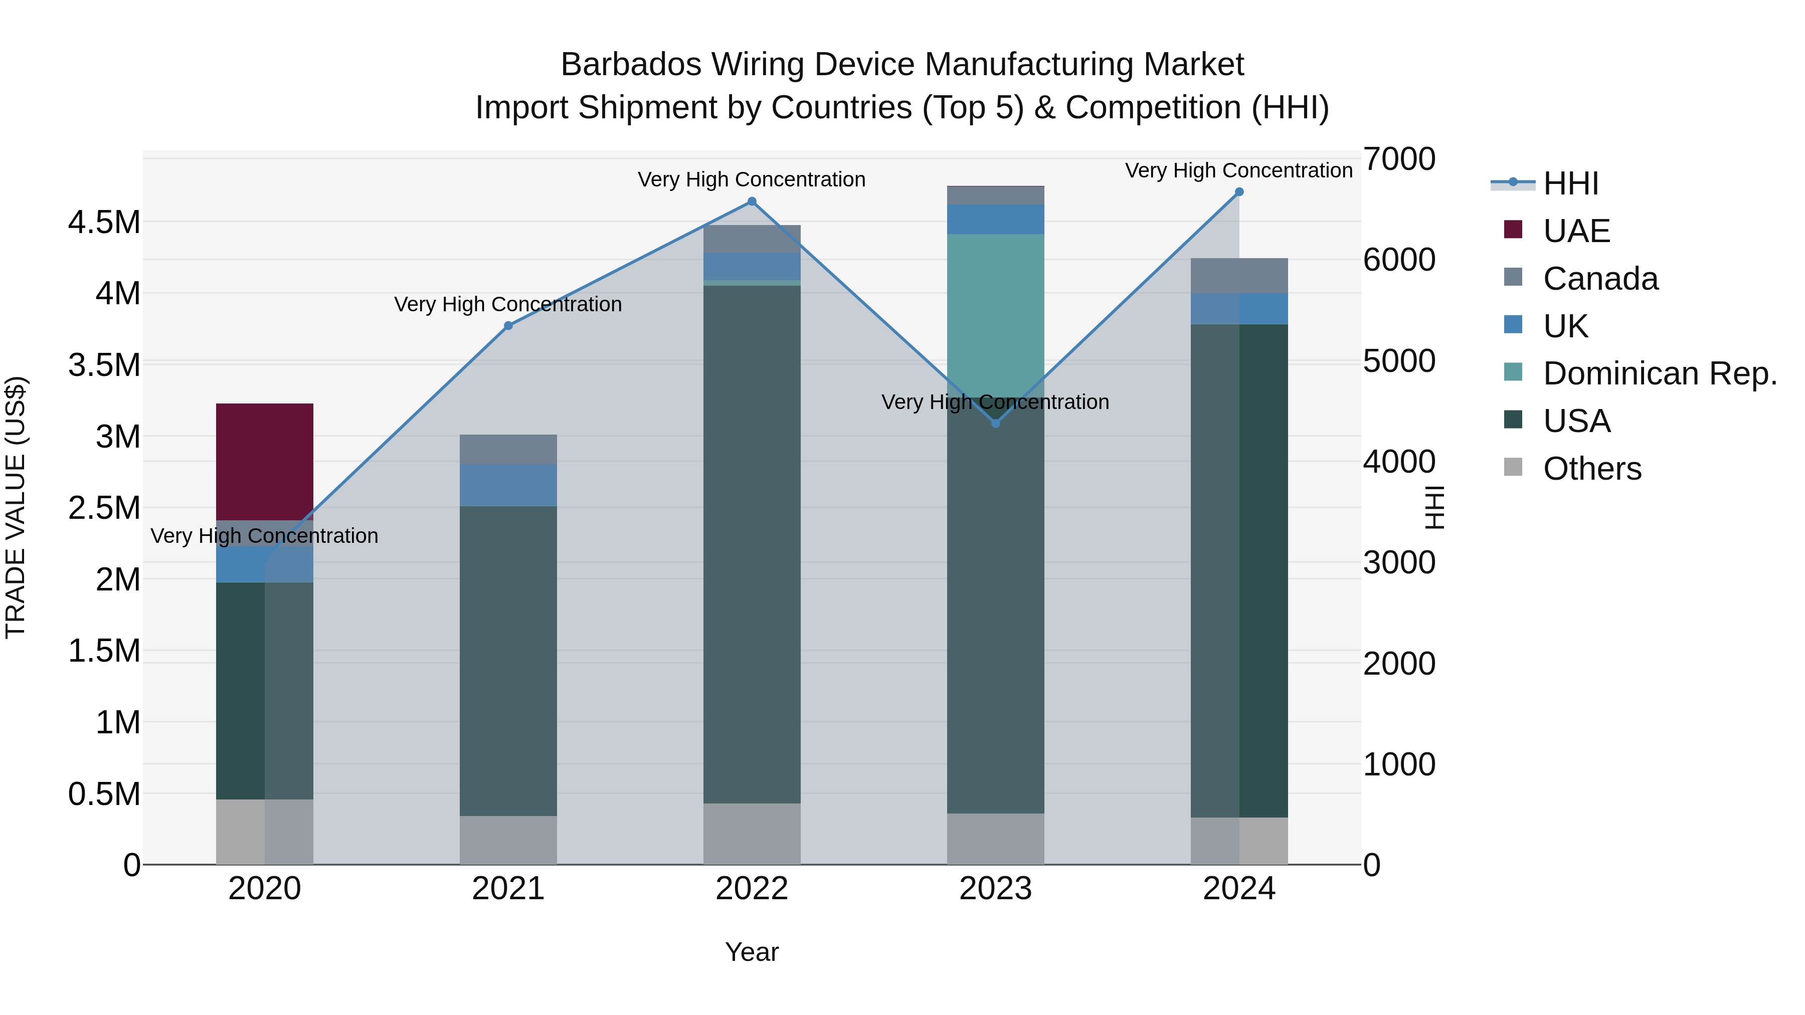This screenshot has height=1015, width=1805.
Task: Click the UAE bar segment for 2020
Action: [x=264, y=461]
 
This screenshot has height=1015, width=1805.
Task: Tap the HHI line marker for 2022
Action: [x=752, y=201]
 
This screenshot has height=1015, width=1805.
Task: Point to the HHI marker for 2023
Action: [x=996, y=423]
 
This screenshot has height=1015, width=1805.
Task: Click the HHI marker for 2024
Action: [x=1239, y=192]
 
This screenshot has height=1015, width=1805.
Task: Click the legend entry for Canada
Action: [x=1600, y=279]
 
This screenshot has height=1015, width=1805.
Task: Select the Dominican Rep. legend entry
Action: [x=1659, y=373]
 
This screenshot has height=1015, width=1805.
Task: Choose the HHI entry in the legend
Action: [x=1570, y=183]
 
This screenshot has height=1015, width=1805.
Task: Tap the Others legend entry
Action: [x=1591, y=469]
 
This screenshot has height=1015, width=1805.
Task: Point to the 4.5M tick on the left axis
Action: [x=104, y=223]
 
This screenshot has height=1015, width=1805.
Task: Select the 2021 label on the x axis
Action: [x=508, y=889]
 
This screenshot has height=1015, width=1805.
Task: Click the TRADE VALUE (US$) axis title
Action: [x=16, y=507]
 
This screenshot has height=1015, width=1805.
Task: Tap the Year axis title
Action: [x=752, y=952]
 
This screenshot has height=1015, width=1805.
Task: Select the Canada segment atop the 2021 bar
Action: [x=508, y=449]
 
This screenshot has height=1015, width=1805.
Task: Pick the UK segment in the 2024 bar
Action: [x=1239, y=309]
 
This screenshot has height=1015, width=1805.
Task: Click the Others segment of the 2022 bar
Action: [x=752, y=834]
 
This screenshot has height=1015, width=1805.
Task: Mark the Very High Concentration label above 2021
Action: [x=508, y=305]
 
